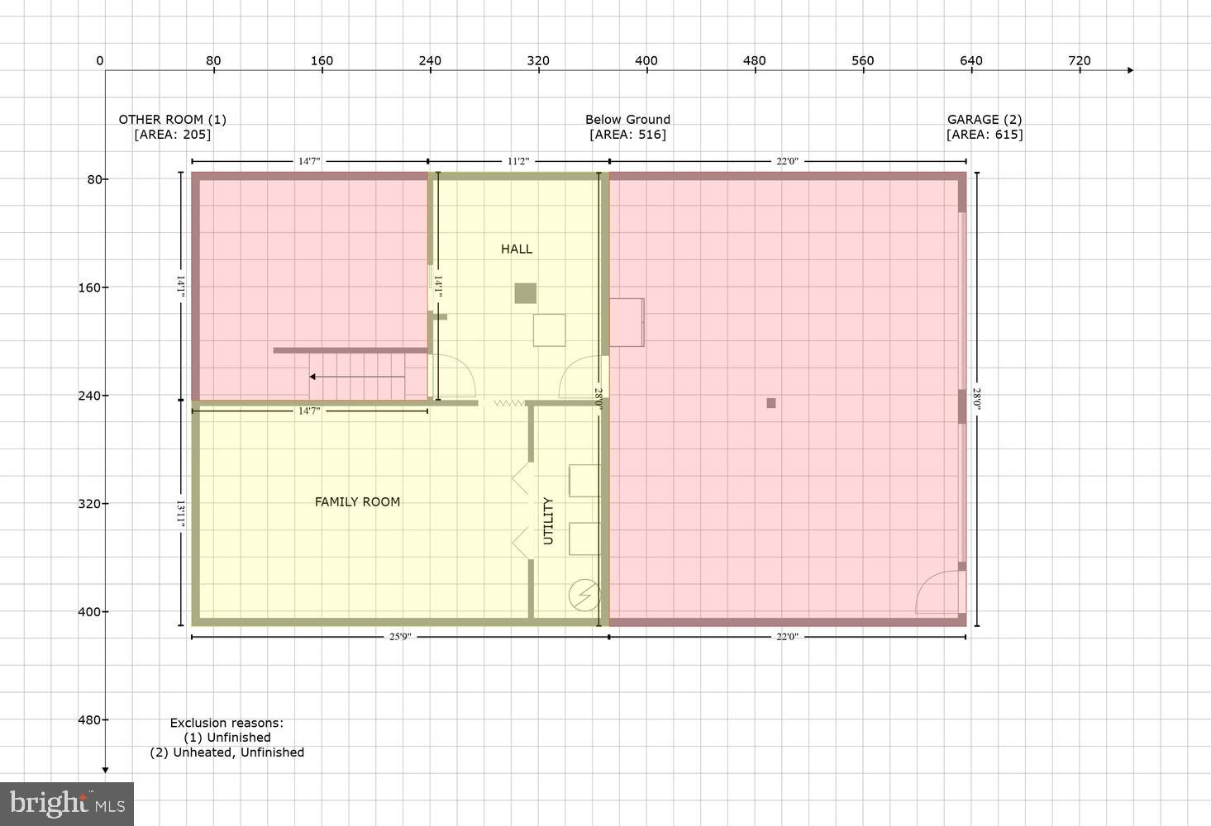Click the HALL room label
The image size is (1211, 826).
coord(516,249)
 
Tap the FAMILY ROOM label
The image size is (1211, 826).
coord(357,501)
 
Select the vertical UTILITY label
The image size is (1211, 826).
coord(548,520)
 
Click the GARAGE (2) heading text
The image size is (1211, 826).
coord(984,119)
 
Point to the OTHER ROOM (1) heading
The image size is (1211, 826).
coord(172,119)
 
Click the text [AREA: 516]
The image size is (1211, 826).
coord(627,135)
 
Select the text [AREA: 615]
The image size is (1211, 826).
coord(984,135)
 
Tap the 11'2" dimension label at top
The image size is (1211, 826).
coord(517,161)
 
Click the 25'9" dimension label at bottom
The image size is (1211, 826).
coord(399,637)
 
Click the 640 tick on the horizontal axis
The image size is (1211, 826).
coord(970,60)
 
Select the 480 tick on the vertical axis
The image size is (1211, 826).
coord(89,719)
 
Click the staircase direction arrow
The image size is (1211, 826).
coord(356,377)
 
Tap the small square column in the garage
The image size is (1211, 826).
coord(770,403)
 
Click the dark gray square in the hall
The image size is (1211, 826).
coord(525,293)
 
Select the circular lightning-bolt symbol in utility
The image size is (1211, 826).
coord(584,595)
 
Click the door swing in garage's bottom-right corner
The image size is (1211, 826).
coord(938,593)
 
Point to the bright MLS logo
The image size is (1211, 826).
coord(67,803)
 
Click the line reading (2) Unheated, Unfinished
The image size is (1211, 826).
coord(226,752)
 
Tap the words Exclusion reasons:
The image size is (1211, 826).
coord(226,723)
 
